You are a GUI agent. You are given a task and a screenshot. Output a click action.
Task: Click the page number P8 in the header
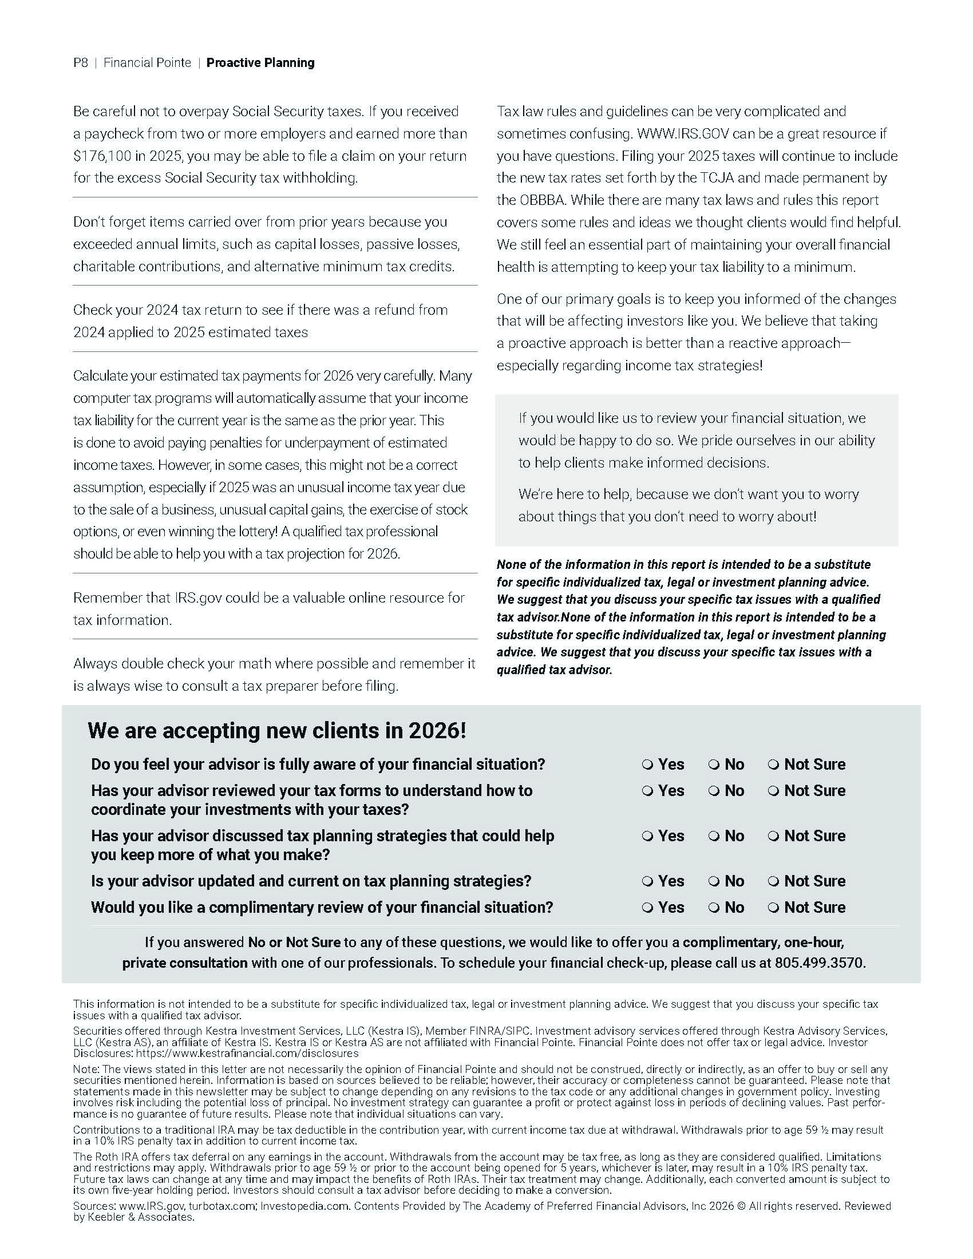(81, 63)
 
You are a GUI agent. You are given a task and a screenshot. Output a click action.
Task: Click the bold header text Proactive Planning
(260, 63)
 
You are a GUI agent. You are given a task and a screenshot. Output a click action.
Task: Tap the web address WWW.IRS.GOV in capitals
(683, 134)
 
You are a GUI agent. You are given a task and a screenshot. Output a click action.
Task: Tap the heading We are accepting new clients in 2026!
(276, 731)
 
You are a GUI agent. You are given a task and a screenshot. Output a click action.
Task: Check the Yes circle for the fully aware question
(647, 765)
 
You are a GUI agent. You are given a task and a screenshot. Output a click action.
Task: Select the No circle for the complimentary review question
(714, 908)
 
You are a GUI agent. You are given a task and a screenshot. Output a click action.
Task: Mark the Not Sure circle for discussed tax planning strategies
(774, 837)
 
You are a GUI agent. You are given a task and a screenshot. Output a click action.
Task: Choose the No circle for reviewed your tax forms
(714, 791)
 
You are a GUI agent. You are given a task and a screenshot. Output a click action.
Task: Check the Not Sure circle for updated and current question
(774, 881)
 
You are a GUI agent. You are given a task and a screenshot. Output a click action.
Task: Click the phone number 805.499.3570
(819, 963)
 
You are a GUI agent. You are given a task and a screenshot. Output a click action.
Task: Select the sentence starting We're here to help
(688, 505)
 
